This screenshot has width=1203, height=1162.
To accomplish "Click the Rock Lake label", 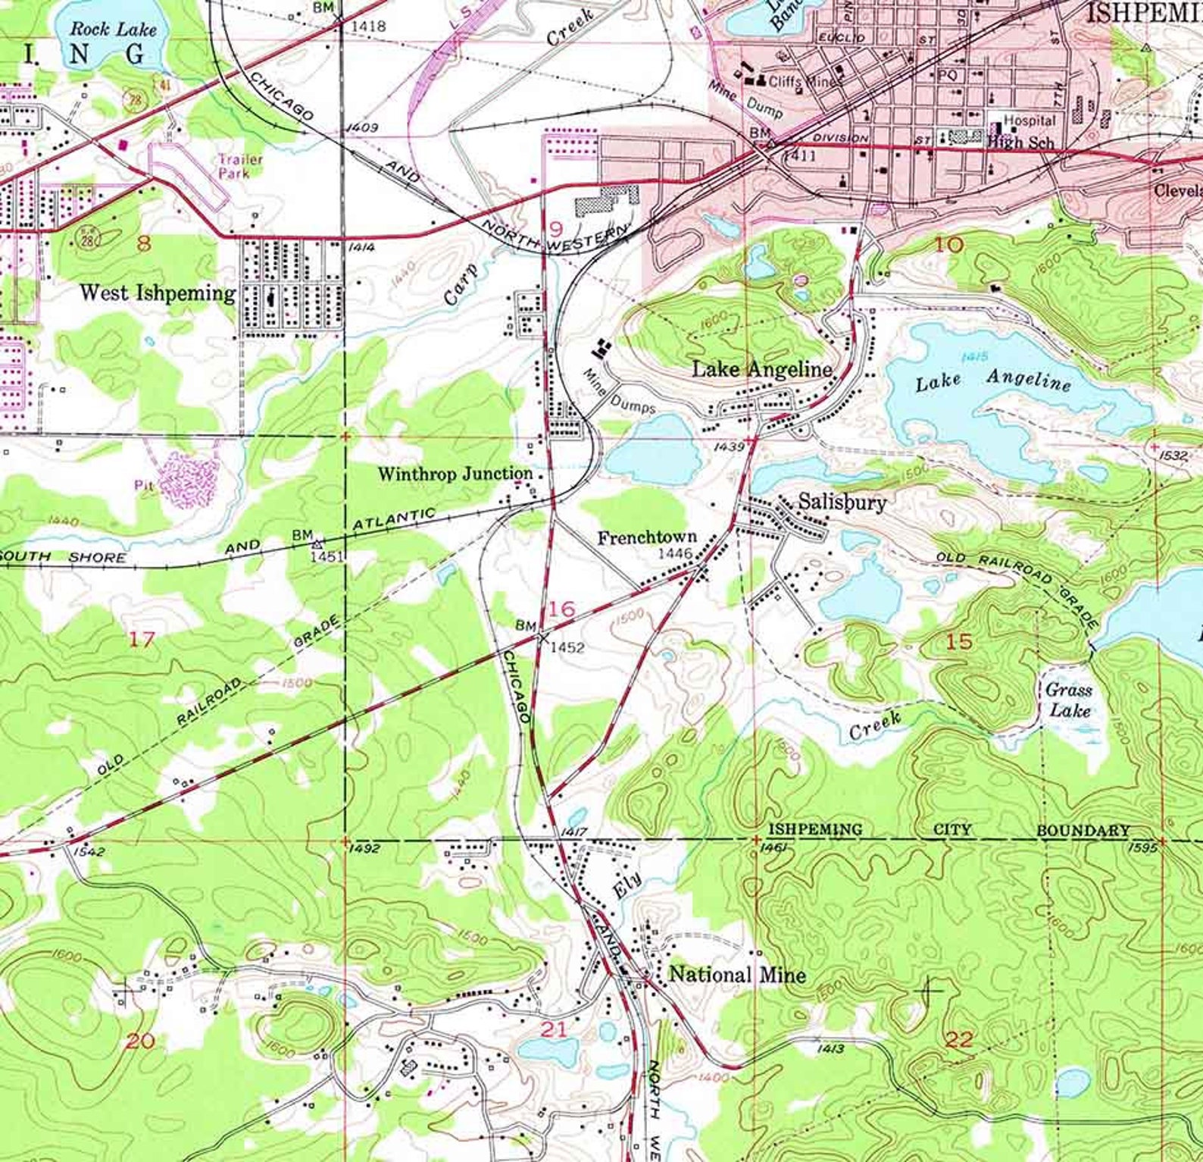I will tap(113, 30).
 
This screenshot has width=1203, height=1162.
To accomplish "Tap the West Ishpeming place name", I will tap(158, 293).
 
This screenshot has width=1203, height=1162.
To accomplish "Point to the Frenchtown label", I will tap(647, 538).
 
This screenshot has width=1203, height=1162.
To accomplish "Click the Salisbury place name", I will tap(842, 503).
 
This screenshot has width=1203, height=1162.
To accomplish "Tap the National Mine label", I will tap(737, 975).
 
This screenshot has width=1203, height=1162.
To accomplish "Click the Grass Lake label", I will tap(1069, 700).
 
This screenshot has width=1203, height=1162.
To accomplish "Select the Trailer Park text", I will tap(241, 166).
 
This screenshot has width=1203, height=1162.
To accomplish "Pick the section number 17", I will tap(141, 639).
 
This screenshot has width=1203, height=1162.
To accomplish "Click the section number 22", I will tap(959, 1039).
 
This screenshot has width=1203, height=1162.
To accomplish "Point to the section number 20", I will tap(140, 1041).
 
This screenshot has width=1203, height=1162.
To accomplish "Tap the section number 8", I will tap(144, 243).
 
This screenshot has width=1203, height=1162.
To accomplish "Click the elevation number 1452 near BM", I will tap(567, 647).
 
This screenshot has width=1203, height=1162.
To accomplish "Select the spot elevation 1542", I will tap(89, 852).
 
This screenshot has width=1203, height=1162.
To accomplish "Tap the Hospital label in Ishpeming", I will tap(1030, 121).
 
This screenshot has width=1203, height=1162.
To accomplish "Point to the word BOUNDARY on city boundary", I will tap(1083, 831).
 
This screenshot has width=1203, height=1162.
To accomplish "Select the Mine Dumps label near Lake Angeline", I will tap(620, 393).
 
